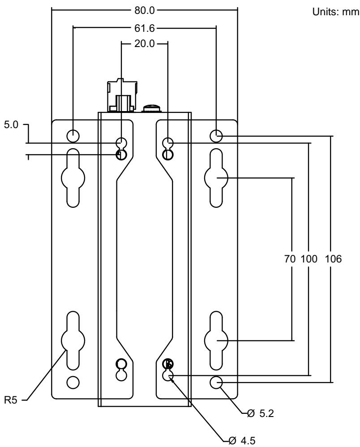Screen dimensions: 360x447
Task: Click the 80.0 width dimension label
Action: coord(144,11)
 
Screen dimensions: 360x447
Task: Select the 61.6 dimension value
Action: coord(144,28)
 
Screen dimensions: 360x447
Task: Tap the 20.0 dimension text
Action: coord(144,43)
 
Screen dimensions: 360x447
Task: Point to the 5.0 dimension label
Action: coord(11,125)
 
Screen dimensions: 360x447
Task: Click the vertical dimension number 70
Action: coord(290,259)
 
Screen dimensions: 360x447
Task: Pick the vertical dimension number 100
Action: coord(309,259)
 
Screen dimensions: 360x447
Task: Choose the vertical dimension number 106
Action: coord(333,259)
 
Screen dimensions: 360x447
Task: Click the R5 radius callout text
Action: coord(11,400)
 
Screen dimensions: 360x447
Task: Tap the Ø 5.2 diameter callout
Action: coord(261,413)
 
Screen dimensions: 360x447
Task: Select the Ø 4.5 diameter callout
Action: coord(242,441)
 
